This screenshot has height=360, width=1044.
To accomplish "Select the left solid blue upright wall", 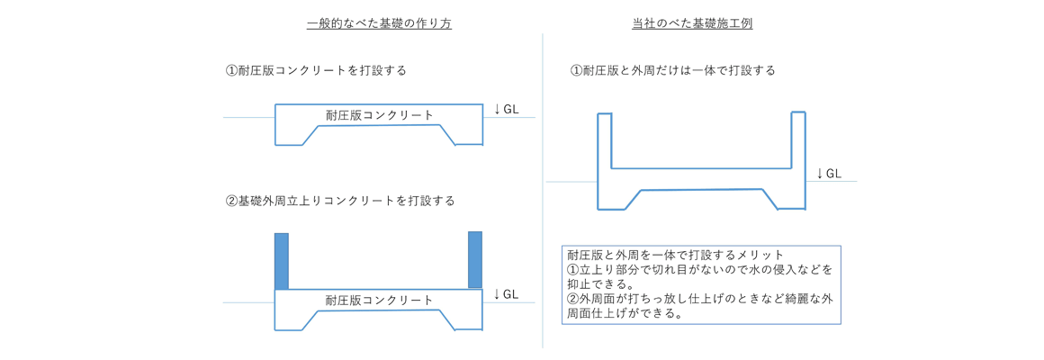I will (281, 261).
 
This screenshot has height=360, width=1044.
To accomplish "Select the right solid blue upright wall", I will (475, 260).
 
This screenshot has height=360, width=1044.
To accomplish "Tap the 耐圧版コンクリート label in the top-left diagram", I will (380, 115).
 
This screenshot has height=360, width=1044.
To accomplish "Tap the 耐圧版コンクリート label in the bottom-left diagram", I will (379, 301).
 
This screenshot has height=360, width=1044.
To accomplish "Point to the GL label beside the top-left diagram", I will (511, 110).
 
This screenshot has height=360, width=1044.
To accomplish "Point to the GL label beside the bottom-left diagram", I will (511, 293).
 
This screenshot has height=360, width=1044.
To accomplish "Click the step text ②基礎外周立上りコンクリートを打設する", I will (340, 201).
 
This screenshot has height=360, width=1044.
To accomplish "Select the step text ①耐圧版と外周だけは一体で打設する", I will (673, 70).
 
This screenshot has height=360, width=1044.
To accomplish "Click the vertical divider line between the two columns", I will (543, 189).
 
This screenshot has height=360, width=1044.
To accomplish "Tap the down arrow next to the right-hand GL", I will (820, 174).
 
